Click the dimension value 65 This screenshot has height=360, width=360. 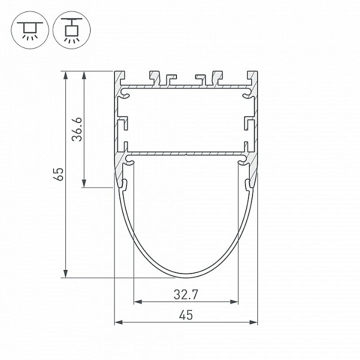(59, 174)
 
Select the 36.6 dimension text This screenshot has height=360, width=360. (77, 129)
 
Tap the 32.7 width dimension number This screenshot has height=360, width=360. (186, 295)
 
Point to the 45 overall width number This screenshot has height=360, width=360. (186, 315)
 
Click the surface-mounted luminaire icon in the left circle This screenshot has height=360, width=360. (30, 31)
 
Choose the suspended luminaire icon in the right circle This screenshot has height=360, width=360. (71, 30)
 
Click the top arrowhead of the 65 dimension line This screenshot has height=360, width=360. (65, 76)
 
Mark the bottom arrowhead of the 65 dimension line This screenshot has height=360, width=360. (65, 274)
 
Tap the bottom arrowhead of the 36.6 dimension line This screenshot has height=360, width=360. (84, 183)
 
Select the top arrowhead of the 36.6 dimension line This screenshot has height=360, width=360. (84, 76)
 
